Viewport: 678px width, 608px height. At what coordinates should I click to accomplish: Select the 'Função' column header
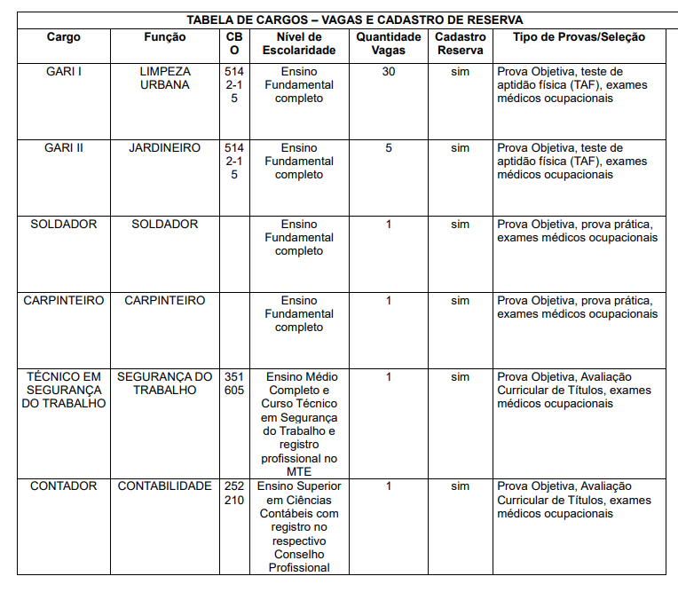[x=165, y=37]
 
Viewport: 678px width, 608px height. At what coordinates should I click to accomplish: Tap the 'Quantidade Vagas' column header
[x=389, y=43]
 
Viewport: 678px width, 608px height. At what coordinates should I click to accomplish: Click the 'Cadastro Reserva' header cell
[x=460, y=43]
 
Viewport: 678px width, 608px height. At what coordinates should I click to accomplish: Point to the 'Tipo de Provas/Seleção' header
[x=579, y=37]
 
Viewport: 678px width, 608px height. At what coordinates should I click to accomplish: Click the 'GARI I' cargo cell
[x=63, y=71]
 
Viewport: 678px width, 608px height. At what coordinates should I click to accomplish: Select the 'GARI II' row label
[x=63, y=147]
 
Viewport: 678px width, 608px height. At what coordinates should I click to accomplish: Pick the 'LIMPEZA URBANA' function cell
[x=165, y=78]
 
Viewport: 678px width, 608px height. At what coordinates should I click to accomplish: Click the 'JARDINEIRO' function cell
[x=165, y=147]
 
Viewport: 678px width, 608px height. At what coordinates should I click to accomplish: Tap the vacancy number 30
[x=389, y=71]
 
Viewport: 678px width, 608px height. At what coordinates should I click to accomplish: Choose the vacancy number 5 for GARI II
[x=389, y=147]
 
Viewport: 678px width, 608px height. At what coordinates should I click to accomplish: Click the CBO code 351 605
[x=234, y=383]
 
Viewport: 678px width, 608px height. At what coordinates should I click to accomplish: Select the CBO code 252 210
[x=234, y=493]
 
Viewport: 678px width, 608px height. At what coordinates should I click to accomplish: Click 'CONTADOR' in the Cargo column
[x=63, y=486]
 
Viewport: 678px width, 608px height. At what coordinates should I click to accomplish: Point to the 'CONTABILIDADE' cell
[x=165, y=486]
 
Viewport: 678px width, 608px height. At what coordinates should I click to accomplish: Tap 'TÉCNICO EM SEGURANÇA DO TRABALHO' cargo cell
[x=63, y=390]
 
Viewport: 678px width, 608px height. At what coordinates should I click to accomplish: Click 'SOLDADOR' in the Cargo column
[x=63, y=224]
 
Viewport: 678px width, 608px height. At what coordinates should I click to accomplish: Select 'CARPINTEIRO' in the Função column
[x=165, y=300]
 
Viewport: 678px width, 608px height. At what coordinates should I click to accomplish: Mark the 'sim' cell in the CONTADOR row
[x=460, y=486]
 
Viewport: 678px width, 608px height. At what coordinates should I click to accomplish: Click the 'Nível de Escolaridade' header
[x=299, y=43]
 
